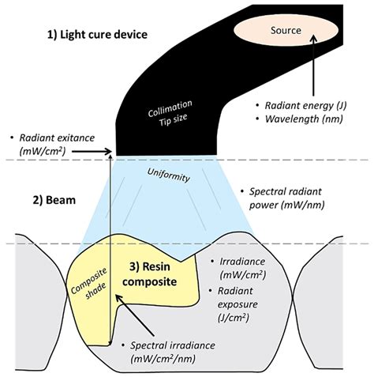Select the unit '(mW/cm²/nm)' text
167,360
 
